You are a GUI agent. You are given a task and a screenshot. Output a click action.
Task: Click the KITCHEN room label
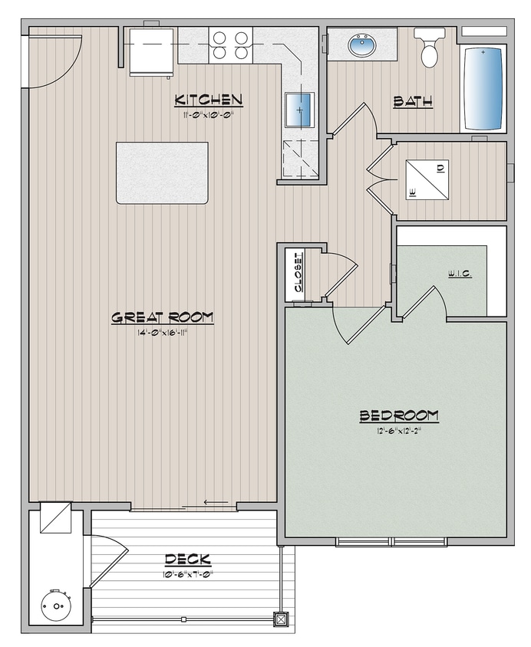[x=209, y=100]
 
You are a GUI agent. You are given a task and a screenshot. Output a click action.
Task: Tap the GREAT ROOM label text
[x=162, y=317]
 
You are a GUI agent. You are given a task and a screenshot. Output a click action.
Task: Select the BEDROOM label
[x=399, y=416]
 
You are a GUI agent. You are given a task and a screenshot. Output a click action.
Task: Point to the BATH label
[x=413, y=101]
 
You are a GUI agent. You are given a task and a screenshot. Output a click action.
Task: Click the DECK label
[x=187, y=560]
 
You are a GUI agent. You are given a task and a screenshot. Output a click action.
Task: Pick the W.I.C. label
[x=459, y=274]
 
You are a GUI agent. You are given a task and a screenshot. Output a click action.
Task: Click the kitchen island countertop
[x=162, y=172]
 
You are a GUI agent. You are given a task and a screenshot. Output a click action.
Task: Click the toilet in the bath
[x=429, y=48]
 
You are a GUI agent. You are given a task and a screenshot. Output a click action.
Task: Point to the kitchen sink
[x=299, y=109]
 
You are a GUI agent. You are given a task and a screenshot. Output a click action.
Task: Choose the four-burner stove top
[x=231, y=44]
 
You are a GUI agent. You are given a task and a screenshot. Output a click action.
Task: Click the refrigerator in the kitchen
[x=150, y=51]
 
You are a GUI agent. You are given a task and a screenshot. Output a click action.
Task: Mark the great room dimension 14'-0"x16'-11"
[x=162, y=333]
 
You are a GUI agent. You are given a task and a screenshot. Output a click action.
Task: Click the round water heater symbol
[x=56, y=606]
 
